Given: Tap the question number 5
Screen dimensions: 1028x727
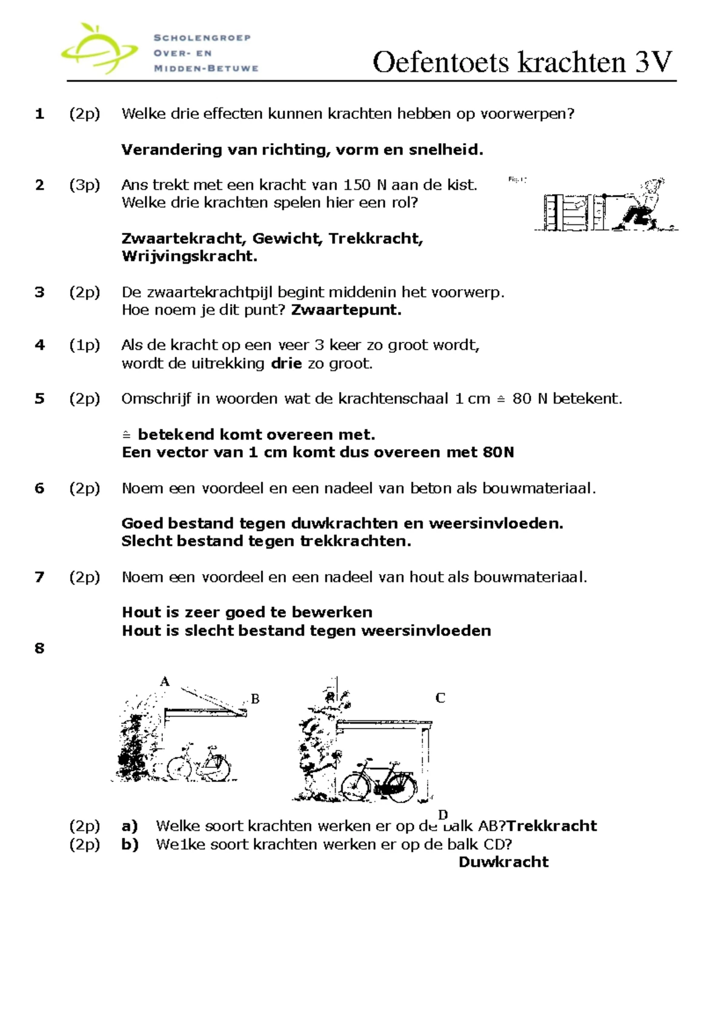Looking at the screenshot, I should coord(39,399).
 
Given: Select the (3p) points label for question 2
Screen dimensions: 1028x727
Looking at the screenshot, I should coord(84,185).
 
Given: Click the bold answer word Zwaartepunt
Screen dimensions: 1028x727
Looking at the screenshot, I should coord(346,310).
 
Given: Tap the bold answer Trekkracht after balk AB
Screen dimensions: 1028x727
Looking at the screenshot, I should coord(551,826).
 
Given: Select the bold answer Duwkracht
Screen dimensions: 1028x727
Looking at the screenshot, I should coord(503,862).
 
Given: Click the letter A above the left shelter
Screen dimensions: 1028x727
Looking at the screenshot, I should coord(164,682).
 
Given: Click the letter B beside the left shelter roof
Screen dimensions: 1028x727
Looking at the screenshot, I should coord(255,699).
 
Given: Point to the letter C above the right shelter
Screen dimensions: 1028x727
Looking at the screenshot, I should coord(440,698).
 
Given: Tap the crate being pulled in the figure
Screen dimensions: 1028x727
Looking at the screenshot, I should coord(567,212).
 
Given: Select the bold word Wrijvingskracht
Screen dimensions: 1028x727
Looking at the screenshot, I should coord(190,256).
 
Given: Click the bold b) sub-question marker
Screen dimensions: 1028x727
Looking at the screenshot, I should coord(130,844).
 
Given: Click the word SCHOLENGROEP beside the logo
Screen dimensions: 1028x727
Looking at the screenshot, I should coord(202,38).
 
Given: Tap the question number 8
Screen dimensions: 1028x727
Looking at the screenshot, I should coord(39,649).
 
